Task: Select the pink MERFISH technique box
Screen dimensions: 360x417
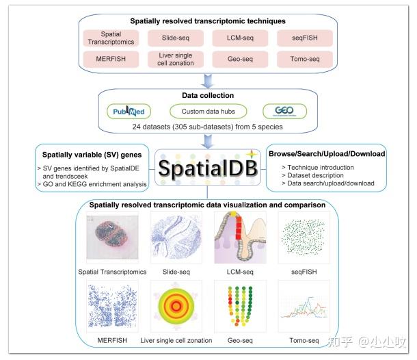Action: point(111,60)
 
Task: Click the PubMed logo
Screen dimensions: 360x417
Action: point(129,111)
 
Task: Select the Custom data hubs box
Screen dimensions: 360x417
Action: point(203,111)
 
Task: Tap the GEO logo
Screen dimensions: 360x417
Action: point(285,111)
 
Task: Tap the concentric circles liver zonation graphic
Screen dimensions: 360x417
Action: point(176,307)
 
